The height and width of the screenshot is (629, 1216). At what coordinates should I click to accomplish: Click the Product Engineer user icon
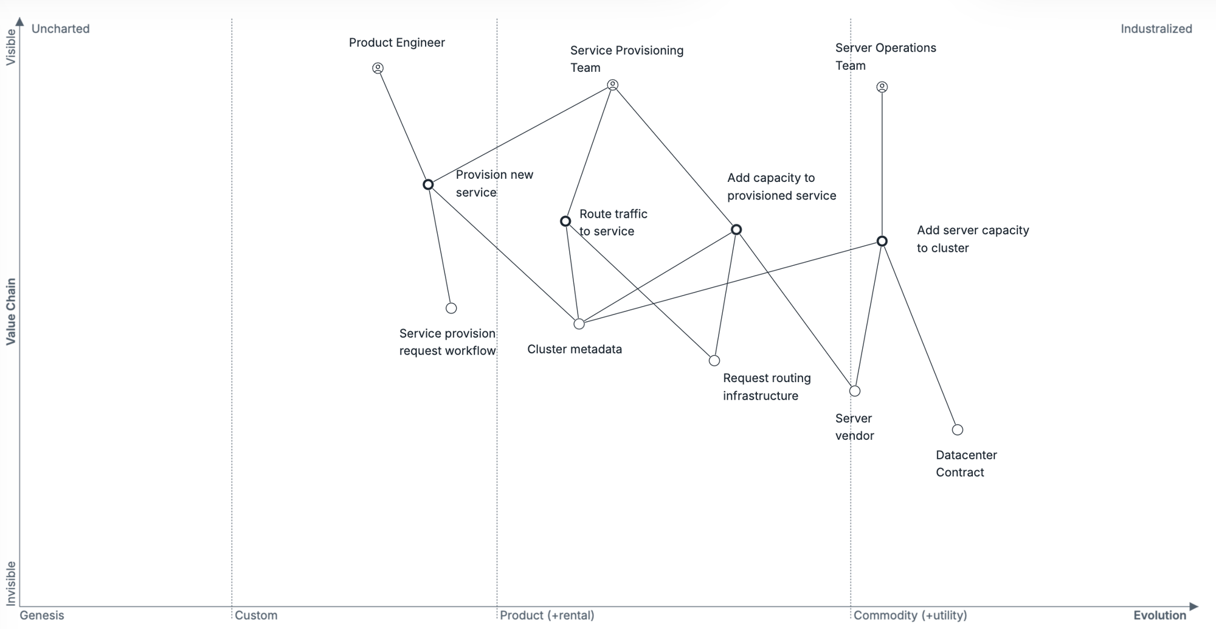click(378, 68)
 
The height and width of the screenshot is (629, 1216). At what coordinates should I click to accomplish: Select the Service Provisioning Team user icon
click(613, 85)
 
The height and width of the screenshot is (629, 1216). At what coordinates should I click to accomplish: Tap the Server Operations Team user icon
click(882, 87)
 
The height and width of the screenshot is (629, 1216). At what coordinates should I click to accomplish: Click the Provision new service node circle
click(428, 184)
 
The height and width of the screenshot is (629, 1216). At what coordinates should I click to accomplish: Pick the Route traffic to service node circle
click(565, 221)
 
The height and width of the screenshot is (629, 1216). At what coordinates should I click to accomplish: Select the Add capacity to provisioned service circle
click(736, 229)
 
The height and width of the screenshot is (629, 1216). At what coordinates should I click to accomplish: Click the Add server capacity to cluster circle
click(882, 241)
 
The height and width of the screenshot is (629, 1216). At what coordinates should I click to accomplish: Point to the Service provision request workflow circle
click(451, 308)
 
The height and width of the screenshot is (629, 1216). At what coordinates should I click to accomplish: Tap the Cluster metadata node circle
click(579, 324)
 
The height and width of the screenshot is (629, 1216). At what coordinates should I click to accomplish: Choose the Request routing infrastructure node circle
click(714, 361)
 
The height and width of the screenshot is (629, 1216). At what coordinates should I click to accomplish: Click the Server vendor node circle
click(855, 391)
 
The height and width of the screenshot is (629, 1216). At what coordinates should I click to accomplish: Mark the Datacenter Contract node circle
click(958, 430)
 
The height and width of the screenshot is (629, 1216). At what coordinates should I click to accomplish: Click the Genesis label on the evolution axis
click(42, 615)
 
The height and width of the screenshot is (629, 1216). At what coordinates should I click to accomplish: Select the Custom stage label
click(256, 615)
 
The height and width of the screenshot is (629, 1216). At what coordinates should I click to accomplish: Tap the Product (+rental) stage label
click(547, 615)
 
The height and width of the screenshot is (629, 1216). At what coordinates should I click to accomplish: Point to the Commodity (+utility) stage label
click(910, 615)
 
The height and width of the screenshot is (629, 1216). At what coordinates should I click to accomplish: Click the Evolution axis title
click(1159, 615)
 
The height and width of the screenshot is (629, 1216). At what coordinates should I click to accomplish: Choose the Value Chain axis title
click(11, 312)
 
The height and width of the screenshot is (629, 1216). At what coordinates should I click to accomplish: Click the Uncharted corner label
click(60, 29)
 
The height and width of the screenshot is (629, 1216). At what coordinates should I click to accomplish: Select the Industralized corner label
click(1156, 29)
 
